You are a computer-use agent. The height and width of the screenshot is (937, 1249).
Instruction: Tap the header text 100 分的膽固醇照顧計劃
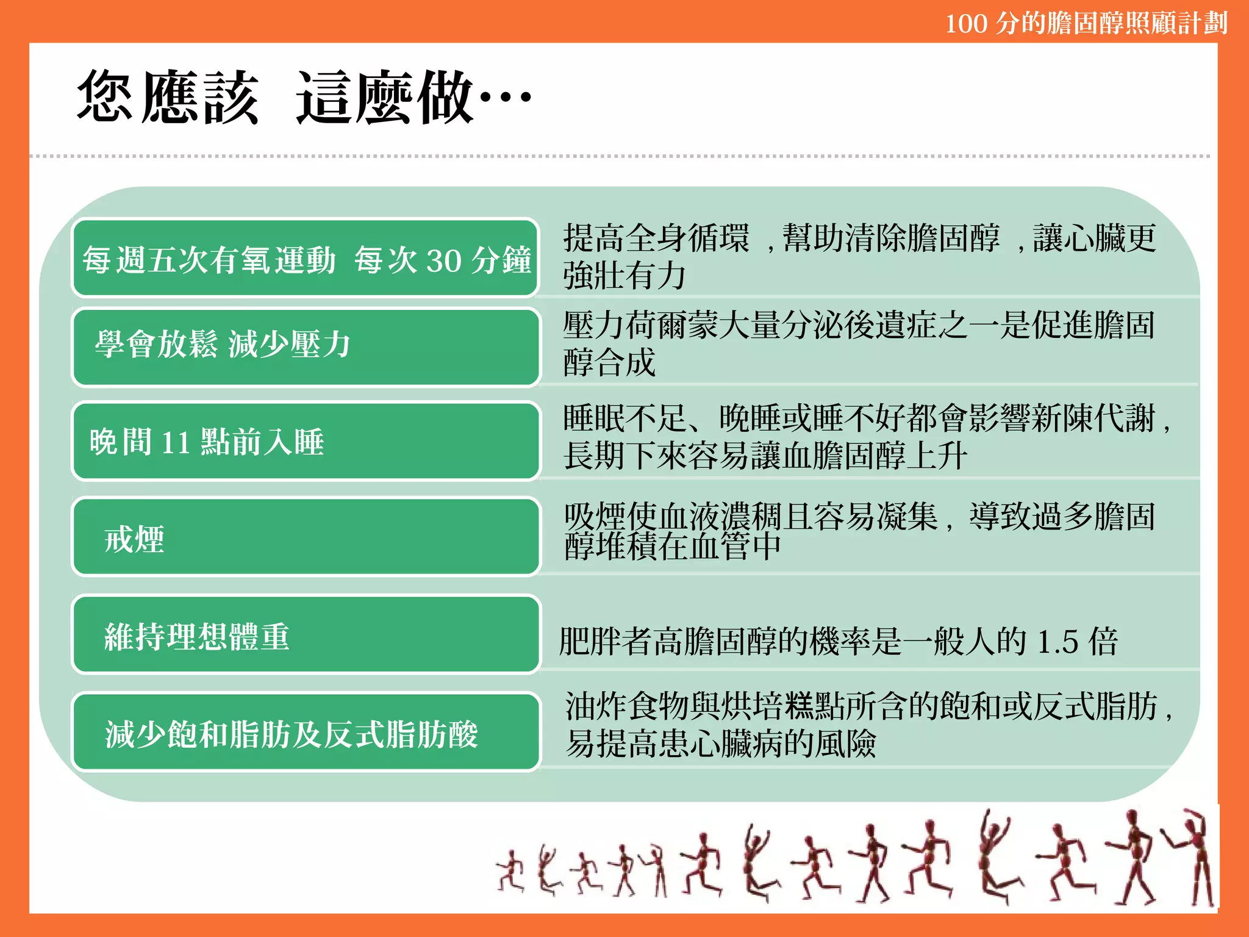(1086, 23)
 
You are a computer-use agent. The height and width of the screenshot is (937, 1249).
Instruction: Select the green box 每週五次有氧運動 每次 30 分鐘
(306, 259)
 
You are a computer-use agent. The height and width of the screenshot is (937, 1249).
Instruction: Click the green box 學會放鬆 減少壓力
(306, 346)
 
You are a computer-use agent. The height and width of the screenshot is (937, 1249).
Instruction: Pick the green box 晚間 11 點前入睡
(306, 441)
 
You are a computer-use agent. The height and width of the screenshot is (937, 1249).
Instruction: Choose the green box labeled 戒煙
(306, 537)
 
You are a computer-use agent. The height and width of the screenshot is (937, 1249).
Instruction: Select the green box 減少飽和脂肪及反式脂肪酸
(306, 732)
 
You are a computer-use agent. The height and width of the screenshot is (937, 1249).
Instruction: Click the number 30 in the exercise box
(443, 260)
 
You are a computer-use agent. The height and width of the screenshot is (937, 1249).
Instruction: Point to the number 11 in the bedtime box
(176, 442)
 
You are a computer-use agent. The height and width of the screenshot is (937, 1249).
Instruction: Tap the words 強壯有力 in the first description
(625, 276)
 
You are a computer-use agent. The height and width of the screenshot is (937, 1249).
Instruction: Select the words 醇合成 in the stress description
(609, 362)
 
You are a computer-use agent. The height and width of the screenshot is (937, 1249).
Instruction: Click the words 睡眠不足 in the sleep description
(626, 418)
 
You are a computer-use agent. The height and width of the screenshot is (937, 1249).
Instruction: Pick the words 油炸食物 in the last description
(628, 706)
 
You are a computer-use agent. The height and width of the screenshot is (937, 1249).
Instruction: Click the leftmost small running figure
(510, 871)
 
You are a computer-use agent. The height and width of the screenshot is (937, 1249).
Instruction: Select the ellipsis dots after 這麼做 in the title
(506, 96)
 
